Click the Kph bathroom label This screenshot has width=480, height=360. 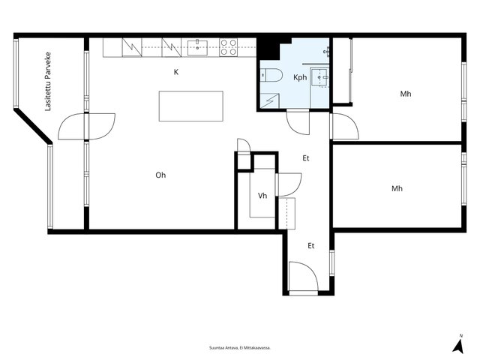300,77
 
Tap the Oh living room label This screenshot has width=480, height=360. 160,175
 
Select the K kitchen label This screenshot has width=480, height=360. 176,72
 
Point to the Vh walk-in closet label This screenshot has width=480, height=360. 262,196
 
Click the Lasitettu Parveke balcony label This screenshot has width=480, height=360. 48,82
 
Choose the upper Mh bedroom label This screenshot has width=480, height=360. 406,94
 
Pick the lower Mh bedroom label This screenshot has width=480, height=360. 397,188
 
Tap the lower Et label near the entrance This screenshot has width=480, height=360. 311,246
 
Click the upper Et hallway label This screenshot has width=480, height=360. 306,158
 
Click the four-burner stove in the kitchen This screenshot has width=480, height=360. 228,47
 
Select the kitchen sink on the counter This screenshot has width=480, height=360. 197,48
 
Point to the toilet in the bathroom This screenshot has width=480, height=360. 271,75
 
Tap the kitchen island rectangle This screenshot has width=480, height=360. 191,106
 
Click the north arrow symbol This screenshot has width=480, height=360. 458,344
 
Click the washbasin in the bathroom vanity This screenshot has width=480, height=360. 319,77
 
